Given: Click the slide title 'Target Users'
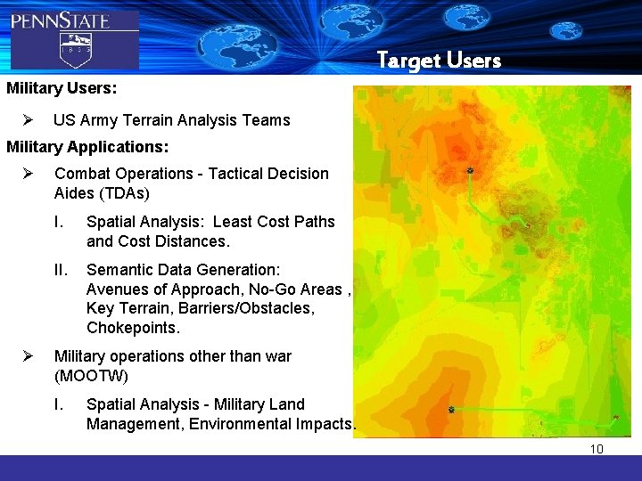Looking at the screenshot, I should coord(439,61).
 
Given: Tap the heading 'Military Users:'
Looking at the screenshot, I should coord(62,89).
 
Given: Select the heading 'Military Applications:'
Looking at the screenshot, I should coord(87,145).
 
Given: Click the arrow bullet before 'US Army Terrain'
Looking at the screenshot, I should coord(28,120).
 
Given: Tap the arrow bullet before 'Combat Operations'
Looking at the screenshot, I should coord(28,174).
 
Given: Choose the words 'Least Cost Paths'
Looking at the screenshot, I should coord(277,222).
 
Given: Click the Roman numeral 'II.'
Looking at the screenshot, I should coord(62,270).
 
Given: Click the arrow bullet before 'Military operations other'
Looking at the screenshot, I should coord(28,356).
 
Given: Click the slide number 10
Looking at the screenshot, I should coord(597,449).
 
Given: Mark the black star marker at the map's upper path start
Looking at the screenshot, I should coord(470,171).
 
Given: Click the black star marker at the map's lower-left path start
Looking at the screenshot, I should coord(451,410).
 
